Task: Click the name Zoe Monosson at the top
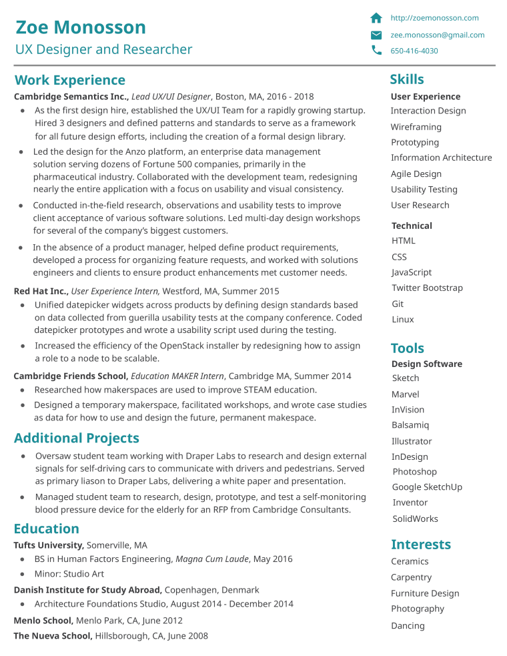(80, 27)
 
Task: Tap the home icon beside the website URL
(376, 18)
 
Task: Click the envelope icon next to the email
(376, 35)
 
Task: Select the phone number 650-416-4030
(414, 51)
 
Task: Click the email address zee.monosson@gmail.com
(438, 35)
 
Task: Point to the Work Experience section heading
(69, 80)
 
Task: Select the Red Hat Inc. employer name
(41, 291)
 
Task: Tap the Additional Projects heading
(76, 438)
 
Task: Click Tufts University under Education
(49, 545)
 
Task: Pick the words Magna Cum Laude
(211, 559)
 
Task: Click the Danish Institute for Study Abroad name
(87, 590)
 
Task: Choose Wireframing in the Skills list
(416, 127)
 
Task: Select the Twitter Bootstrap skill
(427, 288)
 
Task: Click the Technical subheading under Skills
(412, 226)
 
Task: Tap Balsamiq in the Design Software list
(410, 425)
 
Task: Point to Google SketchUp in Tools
(427, 487)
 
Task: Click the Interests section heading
(420, 545)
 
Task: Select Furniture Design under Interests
(424, 593)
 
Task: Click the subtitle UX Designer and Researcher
(103, 49)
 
